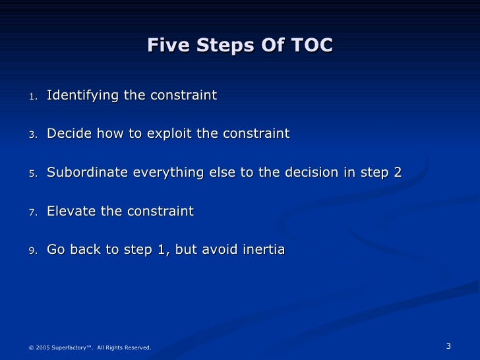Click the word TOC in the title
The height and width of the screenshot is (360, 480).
[312, 45]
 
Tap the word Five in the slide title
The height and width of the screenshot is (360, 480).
[164, 45]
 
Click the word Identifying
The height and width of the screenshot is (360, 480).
[82, 96]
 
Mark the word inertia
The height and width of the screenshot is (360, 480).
[263, 250]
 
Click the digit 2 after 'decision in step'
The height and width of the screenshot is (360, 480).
[397, 173]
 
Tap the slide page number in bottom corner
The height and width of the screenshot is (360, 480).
[448, 346]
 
